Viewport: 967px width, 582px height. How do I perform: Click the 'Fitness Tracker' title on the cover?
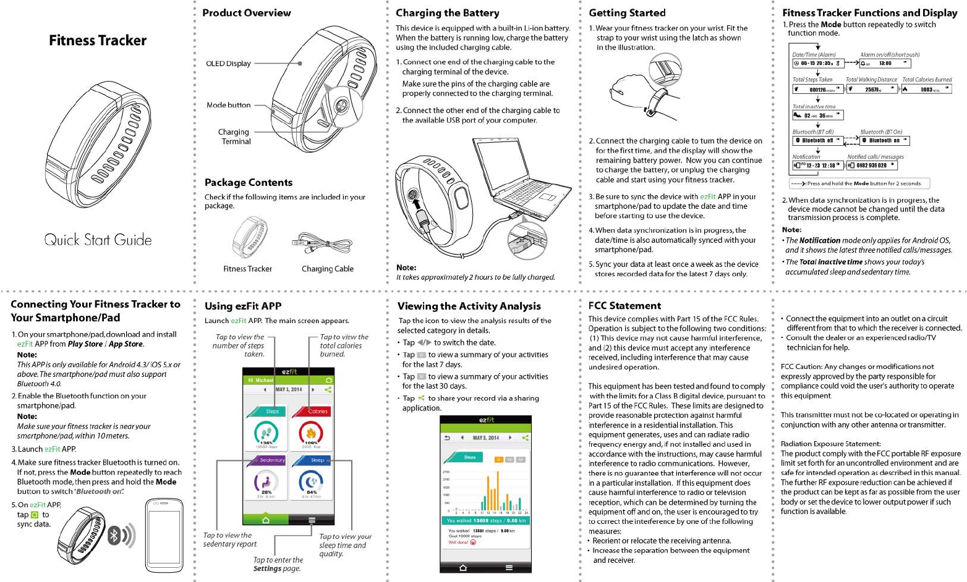pyautogui.click(x=98, y=41)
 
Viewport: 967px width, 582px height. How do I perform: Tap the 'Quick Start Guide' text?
pyautogui.click(x=98, y=240)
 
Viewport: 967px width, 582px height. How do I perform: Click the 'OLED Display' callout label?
pyautogui.click(x=228, y=64)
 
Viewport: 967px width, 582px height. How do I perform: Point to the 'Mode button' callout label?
pyautogui.click(x=228, y=105)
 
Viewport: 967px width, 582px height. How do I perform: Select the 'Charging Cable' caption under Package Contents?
pyautogui.click(x=327, y=269)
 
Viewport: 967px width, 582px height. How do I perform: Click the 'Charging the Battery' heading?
pyautogui.click(x=447, y=13)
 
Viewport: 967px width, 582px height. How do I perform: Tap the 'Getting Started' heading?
pyautogui.click(x=627, y=13)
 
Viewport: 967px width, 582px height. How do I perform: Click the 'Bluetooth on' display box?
pyautogui.click(x=884, y=141)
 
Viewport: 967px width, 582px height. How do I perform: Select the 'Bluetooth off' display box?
pyautogui.click(x=817, y=141)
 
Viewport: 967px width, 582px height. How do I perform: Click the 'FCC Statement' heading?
pyautogui.click(x=624, y=306)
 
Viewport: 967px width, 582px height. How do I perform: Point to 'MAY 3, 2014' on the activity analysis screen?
pyautogui.click(x=485, y=438)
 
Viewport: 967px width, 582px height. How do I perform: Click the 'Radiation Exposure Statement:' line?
pyautogui.click(x=830, y=444)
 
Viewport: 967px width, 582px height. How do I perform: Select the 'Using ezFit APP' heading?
pyautogui.click(x=243, y=306)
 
